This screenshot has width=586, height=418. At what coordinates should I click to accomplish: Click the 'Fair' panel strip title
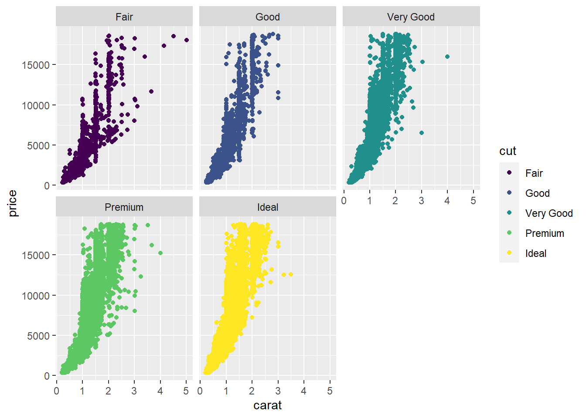(x=124, y=17)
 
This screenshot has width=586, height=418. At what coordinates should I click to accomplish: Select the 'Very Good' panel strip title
(x=411, y=17)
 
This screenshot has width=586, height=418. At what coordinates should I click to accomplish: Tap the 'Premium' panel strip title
(x=124, y=207)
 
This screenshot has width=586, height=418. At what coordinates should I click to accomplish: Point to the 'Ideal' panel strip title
(x=268, y=207)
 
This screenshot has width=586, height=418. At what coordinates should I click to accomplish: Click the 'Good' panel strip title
(x=268, y=17)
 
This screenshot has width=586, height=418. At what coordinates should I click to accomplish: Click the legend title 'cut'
(x=508, y=151)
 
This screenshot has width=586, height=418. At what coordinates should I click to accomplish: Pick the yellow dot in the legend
(x=509, y=253)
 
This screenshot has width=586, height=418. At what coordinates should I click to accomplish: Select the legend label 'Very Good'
(x=549, y=213)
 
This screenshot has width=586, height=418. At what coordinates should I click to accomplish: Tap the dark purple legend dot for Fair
(x=509, y=173)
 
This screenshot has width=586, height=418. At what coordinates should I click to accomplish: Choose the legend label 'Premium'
(x=544, y=233)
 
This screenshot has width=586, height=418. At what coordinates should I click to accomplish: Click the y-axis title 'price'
(x=13, y=203)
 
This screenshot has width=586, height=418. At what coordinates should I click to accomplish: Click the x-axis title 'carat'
(x=267, y=405)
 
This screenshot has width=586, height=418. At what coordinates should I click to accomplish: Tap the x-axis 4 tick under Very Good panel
(x=447, y=201)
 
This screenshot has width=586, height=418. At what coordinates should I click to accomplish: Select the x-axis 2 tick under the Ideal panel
(x=252, y=391)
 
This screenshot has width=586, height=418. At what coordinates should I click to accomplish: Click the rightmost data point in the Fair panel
(x=187, y=40)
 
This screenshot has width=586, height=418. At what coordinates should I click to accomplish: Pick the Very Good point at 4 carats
(x=447, y=57)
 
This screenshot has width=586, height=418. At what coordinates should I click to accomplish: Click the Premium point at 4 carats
(x=160, y=253)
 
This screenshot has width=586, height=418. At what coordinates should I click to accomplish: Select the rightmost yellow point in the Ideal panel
(x=291, y=274)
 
